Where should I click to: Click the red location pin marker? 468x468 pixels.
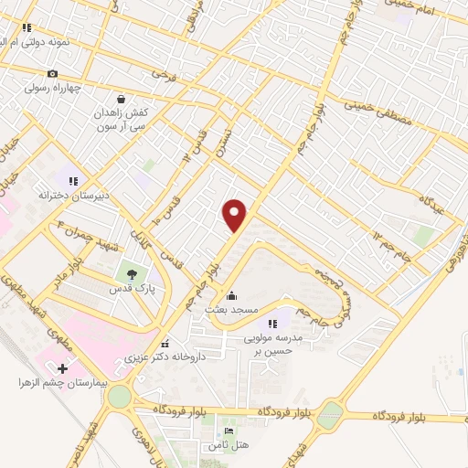[235, 216]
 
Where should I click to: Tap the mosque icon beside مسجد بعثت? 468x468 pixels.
[230, 295]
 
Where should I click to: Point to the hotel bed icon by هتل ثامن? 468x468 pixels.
[229, 431]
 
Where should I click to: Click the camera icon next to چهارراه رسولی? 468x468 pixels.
[53, 74]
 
